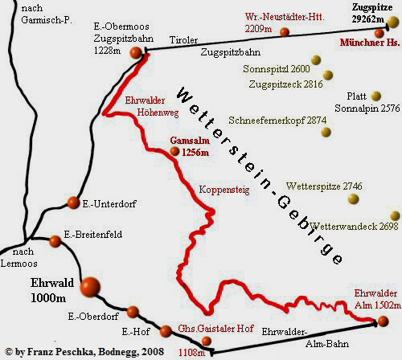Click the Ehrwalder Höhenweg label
pos(146,107)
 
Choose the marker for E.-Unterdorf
pos(74,202)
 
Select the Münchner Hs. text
pos(369,43)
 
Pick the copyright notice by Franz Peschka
pos(84,351)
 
